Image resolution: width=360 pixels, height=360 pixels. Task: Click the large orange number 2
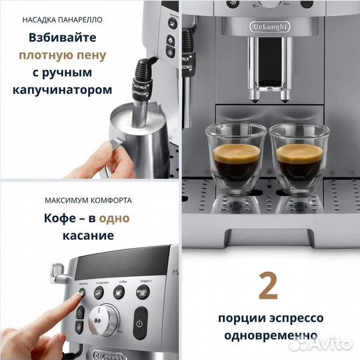point(268,285)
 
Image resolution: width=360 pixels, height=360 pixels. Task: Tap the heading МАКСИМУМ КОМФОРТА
point(88,199)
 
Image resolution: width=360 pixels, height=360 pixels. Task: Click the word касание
point(88,235)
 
